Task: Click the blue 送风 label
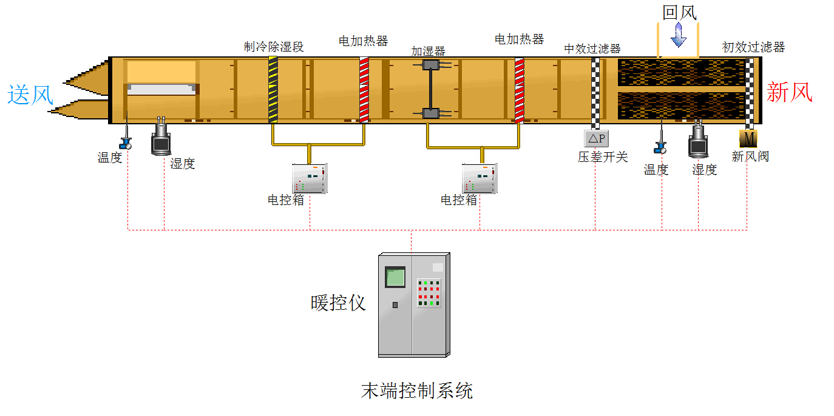[x=30, y=95]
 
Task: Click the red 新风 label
[x=789, y=92]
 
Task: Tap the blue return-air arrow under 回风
[x=679, y=35]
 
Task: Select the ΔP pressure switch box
[x=597, y=139]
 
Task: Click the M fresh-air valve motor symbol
[x=748, y=139]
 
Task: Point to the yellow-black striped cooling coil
[x=273, y=90]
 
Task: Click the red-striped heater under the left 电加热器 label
[x=364, y=90]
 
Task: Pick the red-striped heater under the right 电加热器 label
[x=520, y=90]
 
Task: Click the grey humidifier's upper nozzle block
[x=431, y=65]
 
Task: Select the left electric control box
[x=310, y=179]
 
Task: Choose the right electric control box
[x=480, y=179]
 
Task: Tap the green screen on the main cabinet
[x=395, y=277]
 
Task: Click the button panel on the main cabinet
[x=429, y=293]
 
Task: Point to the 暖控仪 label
[x=338, y=303]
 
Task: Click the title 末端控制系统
[x=417, y=391]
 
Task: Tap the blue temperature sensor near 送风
[x=126, y=138]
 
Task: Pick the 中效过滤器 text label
[x=592, y=49]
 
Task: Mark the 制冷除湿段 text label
[x=274, y=47]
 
